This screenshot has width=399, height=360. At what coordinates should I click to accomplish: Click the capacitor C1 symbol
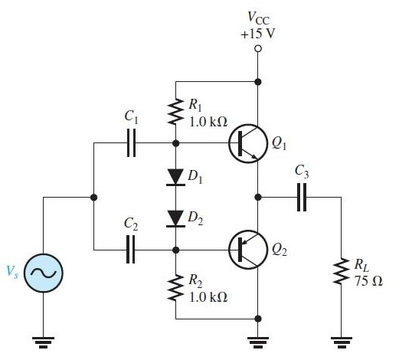132,143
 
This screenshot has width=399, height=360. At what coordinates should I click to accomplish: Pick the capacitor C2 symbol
132,249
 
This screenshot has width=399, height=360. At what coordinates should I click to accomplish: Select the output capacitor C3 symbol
301,197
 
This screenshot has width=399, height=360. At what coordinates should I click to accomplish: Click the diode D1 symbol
176,177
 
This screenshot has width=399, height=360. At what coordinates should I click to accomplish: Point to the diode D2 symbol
176,218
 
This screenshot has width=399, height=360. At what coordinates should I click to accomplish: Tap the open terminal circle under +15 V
260,49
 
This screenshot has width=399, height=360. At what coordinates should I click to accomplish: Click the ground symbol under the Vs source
43,341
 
